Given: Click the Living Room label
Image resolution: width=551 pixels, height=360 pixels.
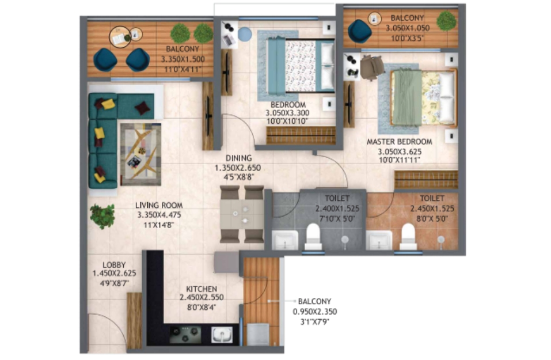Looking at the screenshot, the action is [x=159, y=205].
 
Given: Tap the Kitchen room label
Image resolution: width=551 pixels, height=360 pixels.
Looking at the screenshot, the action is [x=202, y=289].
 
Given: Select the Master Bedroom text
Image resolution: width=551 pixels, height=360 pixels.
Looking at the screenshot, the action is [x=400, y=142].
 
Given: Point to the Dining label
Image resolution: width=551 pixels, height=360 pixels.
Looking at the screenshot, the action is [x=238, y=158].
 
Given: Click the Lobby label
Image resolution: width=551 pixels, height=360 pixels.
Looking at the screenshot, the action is [x=114, y=265].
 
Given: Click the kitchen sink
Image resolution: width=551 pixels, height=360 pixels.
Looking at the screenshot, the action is [x=222, y=334].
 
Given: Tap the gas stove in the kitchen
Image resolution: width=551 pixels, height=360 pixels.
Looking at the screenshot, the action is [x=185, y=334].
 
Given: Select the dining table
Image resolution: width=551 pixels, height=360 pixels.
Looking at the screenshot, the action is [x=242, y=214].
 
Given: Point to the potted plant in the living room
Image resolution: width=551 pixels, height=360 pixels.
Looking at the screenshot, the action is [x=102, y=216].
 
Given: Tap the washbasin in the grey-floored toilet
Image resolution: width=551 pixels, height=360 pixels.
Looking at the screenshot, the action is [x=284, y=240].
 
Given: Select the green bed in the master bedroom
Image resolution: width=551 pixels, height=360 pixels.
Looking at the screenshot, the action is [x=423, y=97].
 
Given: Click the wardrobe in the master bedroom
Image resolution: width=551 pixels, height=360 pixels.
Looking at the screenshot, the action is [x=426, y=179].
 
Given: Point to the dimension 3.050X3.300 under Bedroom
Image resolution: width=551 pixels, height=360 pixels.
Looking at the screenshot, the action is [x=287, y=113].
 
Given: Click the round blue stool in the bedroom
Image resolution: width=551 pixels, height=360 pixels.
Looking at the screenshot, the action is [x=245, y=34].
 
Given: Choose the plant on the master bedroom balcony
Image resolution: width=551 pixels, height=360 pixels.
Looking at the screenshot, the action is [x=446, y=21].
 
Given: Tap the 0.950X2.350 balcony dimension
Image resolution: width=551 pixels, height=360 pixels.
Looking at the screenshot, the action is [x=315, y=312].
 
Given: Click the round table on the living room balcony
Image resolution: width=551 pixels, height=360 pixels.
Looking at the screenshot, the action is [x=120, y=36].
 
